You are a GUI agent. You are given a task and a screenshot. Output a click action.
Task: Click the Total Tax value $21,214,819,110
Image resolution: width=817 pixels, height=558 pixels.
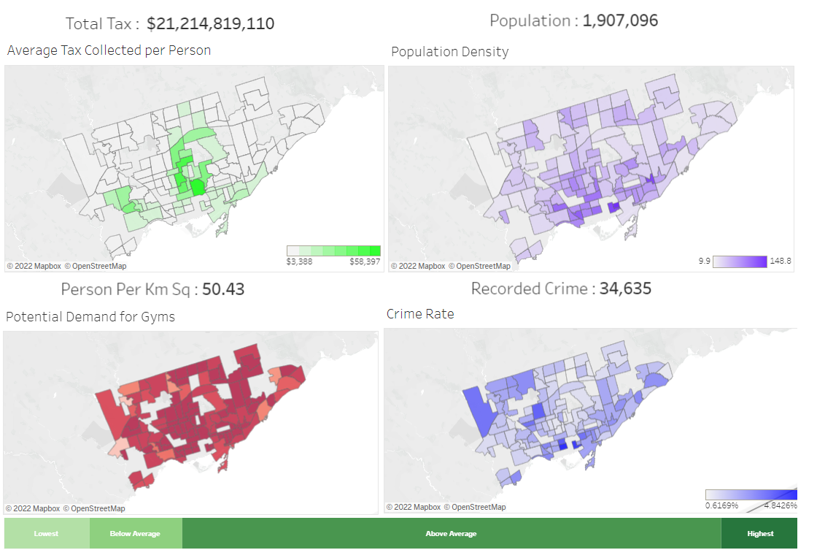click(211, 23)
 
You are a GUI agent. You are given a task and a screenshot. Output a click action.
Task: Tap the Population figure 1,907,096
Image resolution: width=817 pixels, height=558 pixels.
click(620, 20)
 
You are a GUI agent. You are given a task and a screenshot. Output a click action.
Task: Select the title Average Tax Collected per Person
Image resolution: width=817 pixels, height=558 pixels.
click(109, 50)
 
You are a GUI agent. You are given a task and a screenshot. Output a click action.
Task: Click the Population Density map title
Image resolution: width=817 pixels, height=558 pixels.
click(449, 52)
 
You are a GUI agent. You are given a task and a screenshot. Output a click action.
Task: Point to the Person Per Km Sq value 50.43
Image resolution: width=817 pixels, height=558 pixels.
click(223, 289)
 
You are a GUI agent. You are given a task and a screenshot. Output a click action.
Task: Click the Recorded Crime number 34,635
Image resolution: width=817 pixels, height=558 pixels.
click(625, 288)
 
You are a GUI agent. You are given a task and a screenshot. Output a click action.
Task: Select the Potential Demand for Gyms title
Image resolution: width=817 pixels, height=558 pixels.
click(90, 317)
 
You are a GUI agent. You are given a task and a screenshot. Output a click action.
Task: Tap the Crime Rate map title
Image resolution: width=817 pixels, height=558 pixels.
click(420, 314)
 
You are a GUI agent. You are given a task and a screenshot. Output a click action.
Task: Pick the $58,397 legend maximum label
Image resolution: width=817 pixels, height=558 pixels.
click(365, 261)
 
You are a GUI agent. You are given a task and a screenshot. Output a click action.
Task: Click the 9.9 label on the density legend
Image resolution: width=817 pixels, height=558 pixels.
click(704, 261)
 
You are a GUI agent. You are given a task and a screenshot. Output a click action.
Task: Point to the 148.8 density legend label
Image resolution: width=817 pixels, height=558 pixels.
click(780, 261)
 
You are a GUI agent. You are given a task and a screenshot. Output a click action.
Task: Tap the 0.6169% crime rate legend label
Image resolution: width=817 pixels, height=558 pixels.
click(722, 505)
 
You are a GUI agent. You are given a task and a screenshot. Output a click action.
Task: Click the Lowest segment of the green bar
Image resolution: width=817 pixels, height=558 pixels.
click(46, 534)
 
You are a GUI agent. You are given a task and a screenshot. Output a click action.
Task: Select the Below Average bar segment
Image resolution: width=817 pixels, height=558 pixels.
click(135, 534)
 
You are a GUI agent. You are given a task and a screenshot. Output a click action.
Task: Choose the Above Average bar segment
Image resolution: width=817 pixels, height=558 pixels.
click(451, 534)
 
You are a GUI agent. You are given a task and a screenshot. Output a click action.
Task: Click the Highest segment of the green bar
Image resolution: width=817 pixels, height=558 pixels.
click(759, 534)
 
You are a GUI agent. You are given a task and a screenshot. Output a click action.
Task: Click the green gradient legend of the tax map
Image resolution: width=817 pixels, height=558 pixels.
click(333, 251)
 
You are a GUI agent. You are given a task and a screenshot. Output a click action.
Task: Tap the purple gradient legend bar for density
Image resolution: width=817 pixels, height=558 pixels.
click(740, 261)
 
